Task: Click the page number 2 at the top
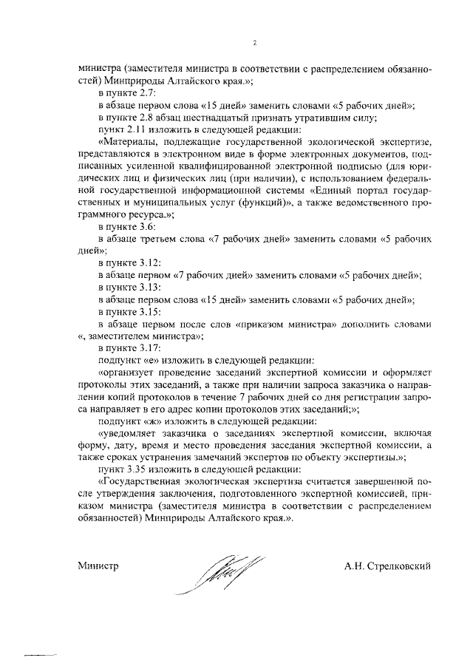coord(253,43)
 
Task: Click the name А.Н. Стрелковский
coord(387,566)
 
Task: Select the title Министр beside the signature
coord(98,566)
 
